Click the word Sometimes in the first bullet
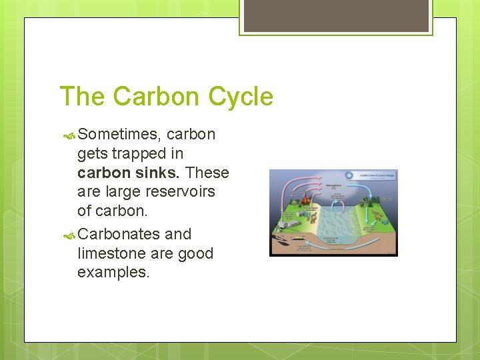[117, 134]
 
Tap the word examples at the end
[113, 273]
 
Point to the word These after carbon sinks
[207, 173]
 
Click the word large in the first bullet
[120, 192]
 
